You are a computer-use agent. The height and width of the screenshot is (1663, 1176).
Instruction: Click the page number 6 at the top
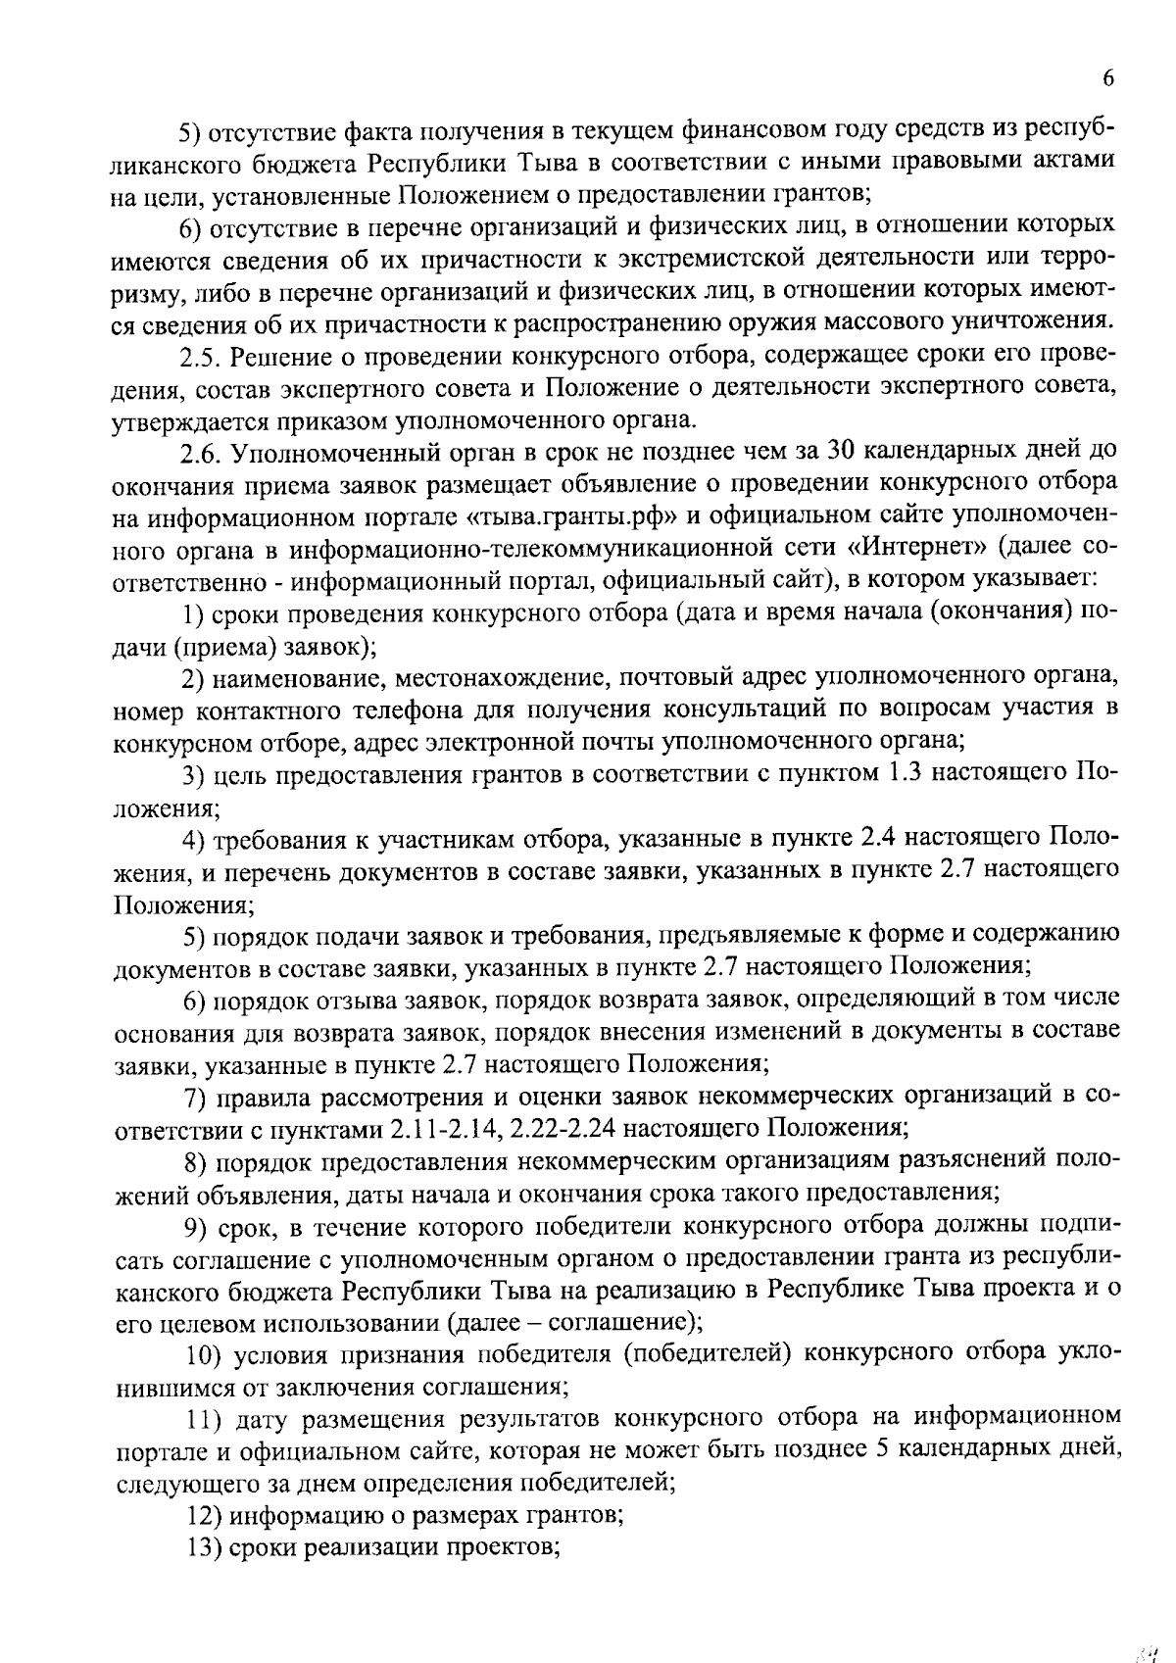coord(1108,79)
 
